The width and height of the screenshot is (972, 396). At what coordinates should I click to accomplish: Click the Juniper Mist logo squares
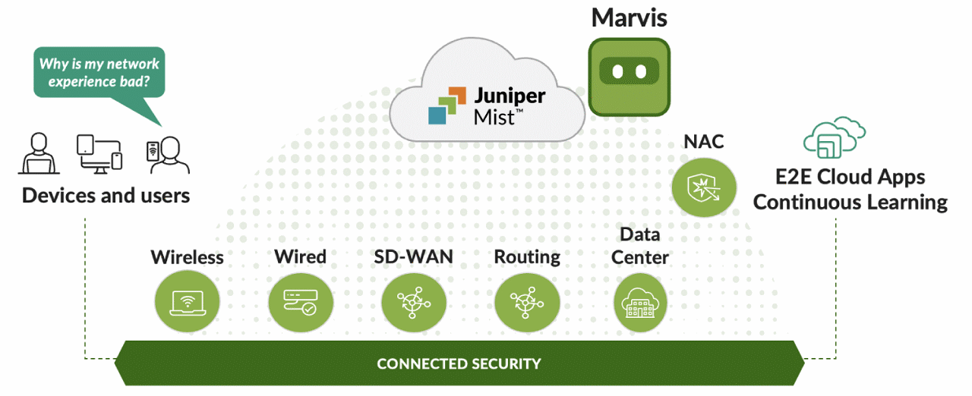pos(445,105)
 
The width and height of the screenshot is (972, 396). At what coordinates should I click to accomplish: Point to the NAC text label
pos(703,141)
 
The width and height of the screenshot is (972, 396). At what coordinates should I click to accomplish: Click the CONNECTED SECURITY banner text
pos(459,363)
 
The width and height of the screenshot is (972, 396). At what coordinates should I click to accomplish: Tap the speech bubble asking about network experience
pos(99,72)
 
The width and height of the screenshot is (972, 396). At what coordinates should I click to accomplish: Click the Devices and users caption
pos(106,196)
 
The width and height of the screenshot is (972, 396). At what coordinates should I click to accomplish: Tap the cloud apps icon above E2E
pos(835,138)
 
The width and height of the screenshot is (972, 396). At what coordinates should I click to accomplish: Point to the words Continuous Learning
pos(850,203)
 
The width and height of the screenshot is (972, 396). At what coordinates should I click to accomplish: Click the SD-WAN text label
pos(413,256)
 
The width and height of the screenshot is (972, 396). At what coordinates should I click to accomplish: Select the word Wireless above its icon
pos(187,257)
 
